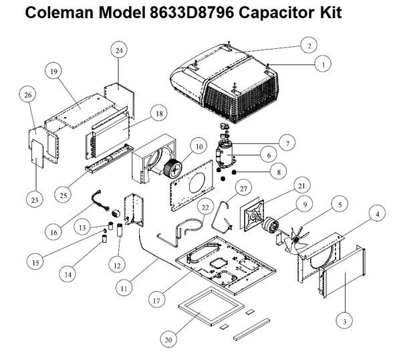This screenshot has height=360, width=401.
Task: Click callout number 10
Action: pyautogui.click(x=198, y=147)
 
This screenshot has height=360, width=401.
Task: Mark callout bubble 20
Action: pyautogui.click(x=169, y=339)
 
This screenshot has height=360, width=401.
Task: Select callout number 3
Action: pyautogui.click(x=344, y=322)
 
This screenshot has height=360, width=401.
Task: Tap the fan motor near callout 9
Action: pyautogui.click(x=273, y=226)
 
